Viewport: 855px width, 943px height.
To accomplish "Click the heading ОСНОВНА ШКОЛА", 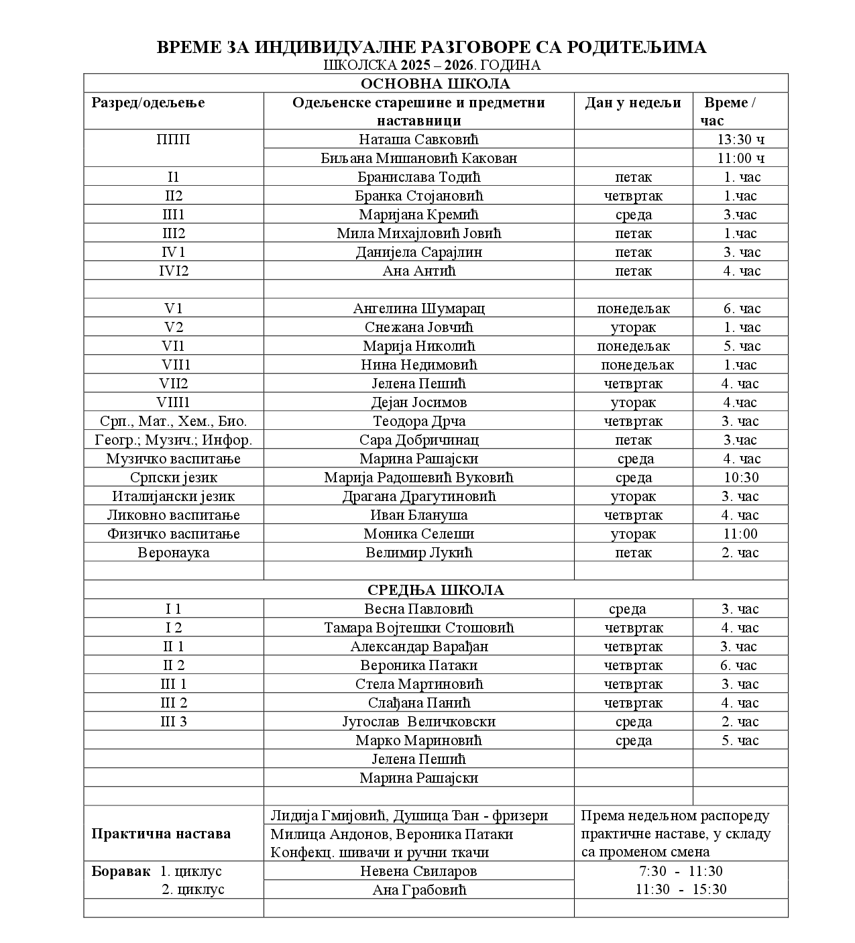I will coord(435,84).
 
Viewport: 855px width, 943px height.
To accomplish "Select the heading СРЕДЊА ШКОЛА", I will coord(435,590).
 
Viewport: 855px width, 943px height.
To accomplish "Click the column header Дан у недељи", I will coord(633,103).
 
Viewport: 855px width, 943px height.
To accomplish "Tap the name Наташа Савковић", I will coord(418,140).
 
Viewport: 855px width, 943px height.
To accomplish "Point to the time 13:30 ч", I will coord(740,140).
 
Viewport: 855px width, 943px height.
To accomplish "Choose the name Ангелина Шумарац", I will coord(418,309).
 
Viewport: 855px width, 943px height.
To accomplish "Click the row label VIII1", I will coord(174,402).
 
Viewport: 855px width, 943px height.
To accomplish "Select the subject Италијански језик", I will coord(174,496).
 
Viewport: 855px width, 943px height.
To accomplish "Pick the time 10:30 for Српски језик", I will coord(740,478).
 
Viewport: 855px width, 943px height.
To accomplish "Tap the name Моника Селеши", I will coord(418,534).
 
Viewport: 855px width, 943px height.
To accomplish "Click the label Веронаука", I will coord(174,553).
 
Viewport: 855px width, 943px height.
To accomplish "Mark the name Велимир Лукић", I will coord(418,553).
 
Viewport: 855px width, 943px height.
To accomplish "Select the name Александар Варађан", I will coord(418,647).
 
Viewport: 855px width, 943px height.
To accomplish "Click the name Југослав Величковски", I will coord(418,722).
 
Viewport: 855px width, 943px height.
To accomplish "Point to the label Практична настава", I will coord(161,834).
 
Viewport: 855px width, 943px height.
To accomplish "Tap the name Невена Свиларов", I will coord(418,871).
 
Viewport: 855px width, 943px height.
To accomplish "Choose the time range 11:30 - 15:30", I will coord(681,889).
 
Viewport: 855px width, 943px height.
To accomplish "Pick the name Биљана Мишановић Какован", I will coord(418,158).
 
